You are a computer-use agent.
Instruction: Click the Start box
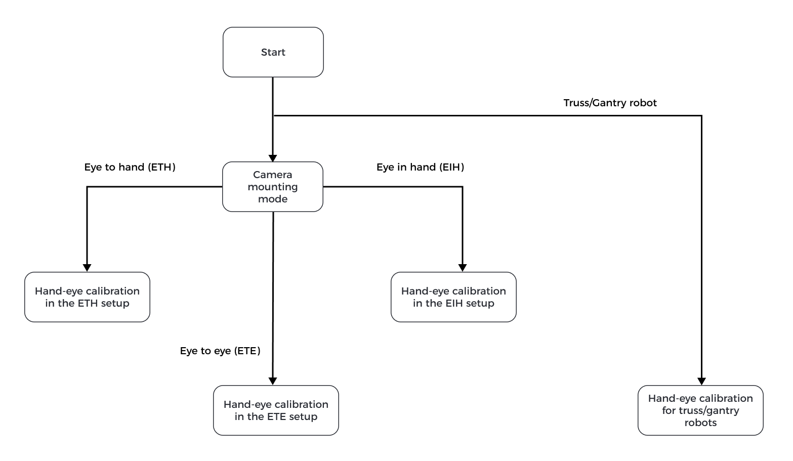273,52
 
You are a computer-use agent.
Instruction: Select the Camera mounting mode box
273,187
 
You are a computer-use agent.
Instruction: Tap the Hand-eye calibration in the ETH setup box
87,297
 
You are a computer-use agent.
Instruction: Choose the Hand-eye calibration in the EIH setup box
453,297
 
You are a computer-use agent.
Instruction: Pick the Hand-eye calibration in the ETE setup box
276,410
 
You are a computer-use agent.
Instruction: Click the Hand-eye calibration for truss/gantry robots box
700,410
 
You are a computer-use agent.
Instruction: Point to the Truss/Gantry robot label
610,103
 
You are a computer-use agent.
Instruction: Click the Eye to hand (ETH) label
130,167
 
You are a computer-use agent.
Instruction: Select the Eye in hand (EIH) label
420,167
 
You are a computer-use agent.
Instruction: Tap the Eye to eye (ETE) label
220,351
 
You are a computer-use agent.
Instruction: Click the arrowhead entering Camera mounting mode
273,158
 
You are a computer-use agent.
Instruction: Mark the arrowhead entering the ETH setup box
87,268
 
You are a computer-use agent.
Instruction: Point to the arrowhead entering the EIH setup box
462,268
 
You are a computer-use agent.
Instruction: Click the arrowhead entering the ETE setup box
273,381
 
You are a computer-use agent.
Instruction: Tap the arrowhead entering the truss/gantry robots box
701,381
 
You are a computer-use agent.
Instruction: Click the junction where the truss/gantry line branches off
273,116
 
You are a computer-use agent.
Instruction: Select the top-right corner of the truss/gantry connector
701,116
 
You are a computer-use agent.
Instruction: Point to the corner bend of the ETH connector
87,187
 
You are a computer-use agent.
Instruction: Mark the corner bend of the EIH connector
462,187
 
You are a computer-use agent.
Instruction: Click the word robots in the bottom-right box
700,423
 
